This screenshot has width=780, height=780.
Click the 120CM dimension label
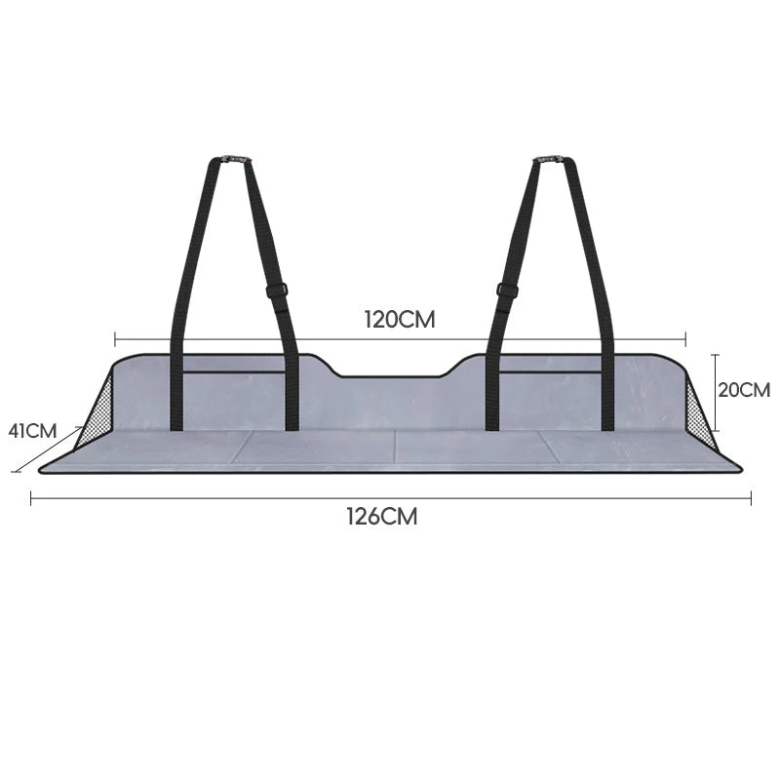(x=400, y=320)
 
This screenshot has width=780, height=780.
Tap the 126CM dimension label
(x=382, y=517)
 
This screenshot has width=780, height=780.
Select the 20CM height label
(x=744, y=390)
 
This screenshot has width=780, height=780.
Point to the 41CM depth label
(x=32, y=431)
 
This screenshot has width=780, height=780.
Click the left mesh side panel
(x=95, y=416)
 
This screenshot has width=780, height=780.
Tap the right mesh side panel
(x=700, y=416)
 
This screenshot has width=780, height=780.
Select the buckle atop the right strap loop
(x=550, y=159)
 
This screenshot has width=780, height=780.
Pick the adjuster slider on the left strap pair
(x=277, y=290)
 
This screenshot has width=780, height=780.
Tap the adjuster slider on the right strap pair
(x=507, y=290)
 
